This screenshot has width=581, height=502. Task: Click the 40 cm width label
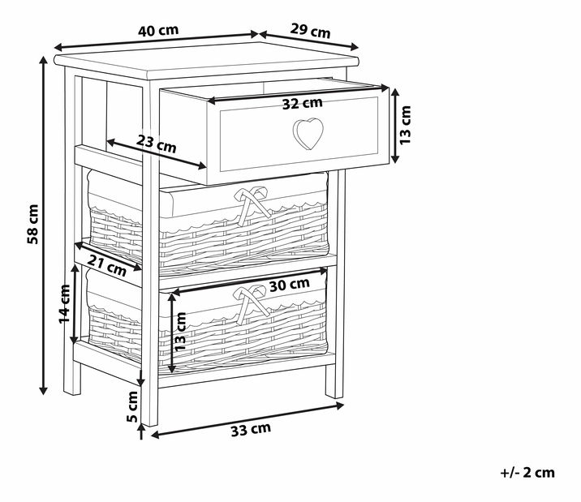tap(158, 30)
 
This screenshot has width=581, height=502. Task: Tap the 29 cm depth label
tap(310, 31)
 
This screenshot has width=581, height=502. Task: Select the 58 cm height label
tap(32, 224)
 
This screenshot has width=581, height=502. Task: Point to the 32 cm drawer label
tap(303, 103)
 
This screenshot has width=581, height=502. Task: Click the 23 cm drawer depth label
tap(156, 144)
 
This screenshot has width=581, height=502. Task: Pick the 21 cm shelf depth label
tap(107, 265)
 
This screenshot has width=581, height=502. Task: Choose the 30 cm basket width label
tap(290, 285)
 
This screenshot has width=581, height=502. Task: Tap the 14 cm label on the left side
tap(64, 304)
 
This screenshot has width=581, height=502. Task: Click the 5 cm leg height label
tap(132, 406)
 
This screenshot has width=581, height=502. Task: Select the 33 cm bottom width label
tap(251, 430)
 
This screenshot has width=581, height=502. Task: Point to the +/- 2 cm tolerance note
tap(527, 472)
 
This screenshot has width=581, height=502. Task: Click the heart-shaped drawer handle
tap(308, 133)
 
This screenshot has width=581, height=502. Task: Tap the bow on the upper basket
tap(252, 205)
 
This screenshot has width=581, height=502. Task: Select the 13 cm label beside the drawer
tap(406, 125)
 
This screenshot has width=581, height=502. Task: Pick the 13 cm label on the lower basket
tap(180, 332)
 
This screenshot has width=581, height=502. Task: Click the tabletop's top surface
tap(206, 59)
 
